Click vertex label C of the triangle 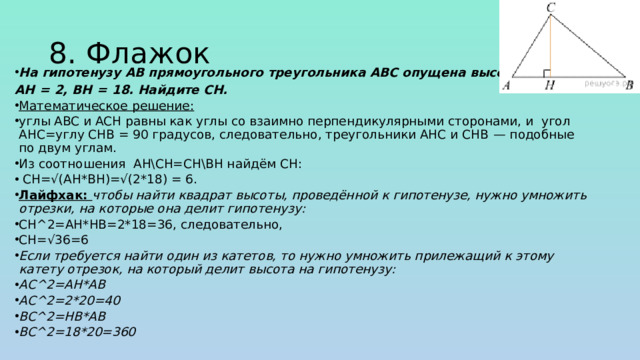tap(551, 8)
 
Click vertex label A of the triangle tap(507, 87)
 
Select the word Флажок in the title tap(150, 53)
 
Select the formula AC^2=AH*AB tap(62, 285)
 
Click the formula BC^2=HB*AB tap(62, 316)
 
